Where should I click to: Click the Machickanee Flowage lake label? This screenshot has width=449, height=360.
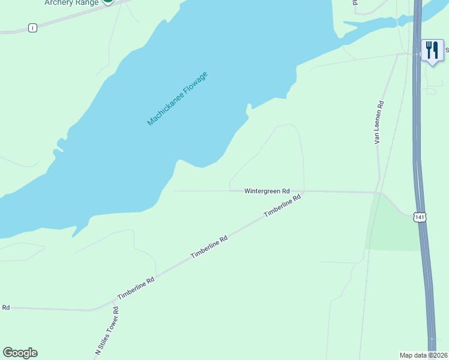pyautogui.click(x=177, y=99)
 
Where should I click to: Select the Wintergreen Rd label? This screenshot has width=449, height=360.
pyautogui.click(x=267, y=191)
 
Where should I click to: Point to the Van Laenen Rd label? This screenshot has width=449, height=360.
pyautogui.click(x=379, y=122)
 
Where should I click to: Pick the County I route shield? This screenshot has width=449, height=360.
pyautogui.click(x=32, y=28)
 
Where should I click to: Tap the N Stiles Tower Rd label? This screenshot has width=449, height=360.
pyautogui.click(x=107, y=332)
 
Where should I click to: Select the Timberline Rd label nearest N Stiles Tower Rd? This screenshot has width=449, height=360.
pyautogui.click(x=136, y=289)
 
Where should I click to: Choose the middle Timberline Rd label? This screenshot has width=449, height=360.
pyautogui.click(x=209, y=247)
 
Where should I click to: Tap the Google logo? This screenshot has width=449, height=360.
pyautogui.click(x=20, y=353)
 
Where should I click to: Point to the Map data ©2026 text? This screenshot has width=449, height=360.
pyautogui.click(x=423, y=355)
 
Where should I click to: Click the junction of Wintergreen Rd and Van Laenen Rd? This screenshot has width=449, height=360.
pyautogui.click(x=377, y=193)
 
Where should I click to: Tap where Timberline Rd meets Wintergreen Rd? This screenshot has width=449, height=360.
pyautogui.click(x=304, y=191)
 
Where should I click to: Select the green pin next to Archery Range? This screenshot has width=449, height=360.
pyautogui.click(x=107, y=2)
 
